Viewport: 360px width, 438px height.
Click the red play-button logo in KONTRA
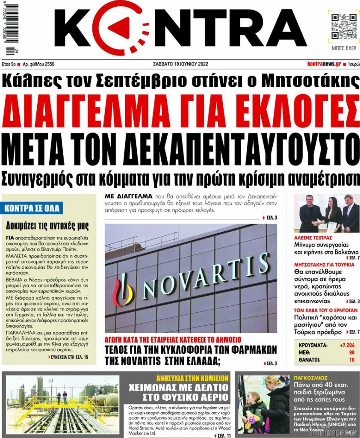coord(115,28)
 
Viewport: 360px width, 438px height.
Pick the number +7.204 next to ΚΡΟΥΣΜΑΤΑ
coord(346,345)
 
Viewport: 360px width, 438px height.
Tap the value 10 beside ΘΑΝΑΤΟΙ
coord(351,360)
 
